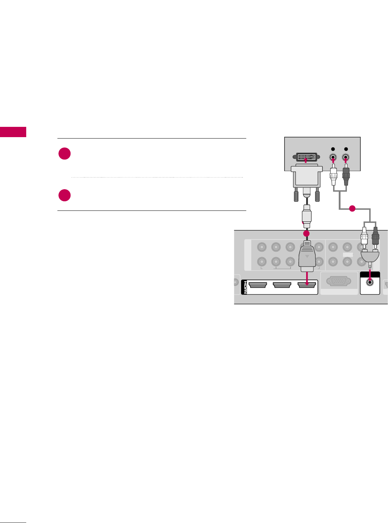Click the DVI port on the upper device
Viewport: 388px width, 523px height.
pos(307,158)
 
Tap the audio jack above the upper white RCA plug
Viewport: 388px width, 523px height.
pos(333,158)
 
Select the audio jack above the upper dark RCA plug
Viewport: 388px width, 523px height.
pos(346,158)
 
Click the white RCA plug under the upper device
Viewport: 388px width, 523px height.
pos(333,175)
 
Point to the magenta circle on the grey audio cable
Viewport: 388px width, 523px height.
pos(352,209)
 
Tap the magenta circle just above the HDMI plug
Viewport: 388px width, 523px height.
pos(307,234)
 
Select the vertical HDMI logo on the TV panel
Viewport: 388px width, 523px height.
pos(244,287)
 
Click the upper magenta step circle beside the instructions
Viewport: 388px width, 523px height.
pos(64,154)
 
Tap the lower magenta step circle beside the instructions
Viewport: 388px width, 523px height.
pos(64,195)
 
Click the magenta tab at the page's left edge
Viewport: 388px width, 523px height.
pos(13,132)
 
